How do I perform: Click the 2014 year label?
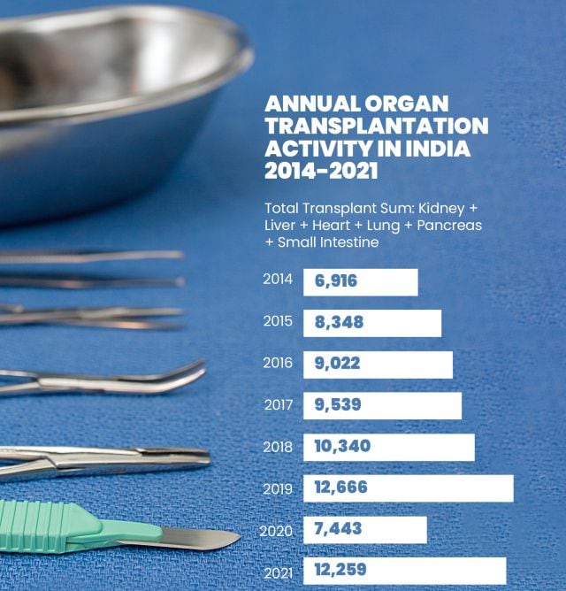click(x=277, y=279)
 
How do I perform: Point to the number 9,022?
click(x=337, y=364)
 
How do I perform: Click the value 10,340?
click(x=342, y=446)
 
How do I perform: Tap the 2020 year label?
click(x=276, y=531)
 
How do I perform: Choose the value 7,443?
click(x=336, y=529)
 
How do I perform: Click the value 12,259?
click(x=340, y=570)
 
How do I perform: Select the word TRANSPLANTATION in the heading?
click(x=376, y=126)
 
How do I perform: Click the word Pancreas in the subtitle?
click(x=448, y=225)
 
